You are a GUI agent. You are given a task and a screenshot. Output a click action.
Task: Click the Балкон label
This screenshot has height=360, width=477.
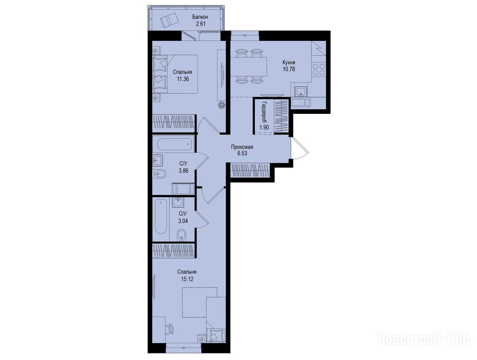(201, 17)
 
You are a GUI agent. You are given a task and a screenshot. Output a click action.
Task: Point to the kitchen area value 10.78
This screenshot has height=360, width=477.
(289, 69)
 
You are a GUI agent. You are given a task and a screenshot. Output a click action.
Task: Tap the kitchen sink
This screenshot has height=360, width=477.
(301, 90)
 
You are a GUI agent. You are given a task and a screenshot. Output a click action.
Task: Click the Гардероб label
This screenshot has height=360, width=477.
(264, 111)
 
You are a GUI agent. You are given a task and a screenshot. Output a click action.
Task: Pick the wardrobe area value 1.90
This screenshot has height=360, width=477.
(264, 127)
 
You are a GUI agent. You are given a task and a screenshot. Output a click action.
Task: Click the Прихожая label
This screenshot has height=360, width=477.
(242, 147)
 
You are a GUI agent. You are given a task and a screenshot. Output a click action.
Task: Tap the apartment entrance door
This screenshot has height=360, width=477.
(299, 148)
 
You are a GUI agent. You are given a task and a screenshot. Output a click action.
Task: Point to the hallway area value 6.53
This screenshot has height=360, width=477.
(242, 153)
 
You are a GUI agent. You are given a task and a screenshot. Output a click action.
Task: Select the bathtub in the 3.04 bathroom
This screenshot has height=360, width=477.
(160, 216)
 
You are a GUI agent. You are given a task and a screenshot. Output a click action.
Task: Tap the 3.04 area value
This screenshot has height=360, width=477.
(183, 221)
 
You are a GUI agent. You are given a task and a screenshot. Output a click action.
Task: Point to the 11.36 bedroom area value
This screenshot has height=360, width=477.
(183, 79)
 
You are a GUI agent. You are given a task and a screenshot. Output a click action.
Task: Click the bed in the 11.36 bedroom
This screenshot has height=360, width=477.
(175, 74)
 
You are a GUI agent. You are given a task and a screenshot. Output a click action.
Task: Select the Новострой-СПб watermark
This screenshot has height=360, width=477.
(424, 339)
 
